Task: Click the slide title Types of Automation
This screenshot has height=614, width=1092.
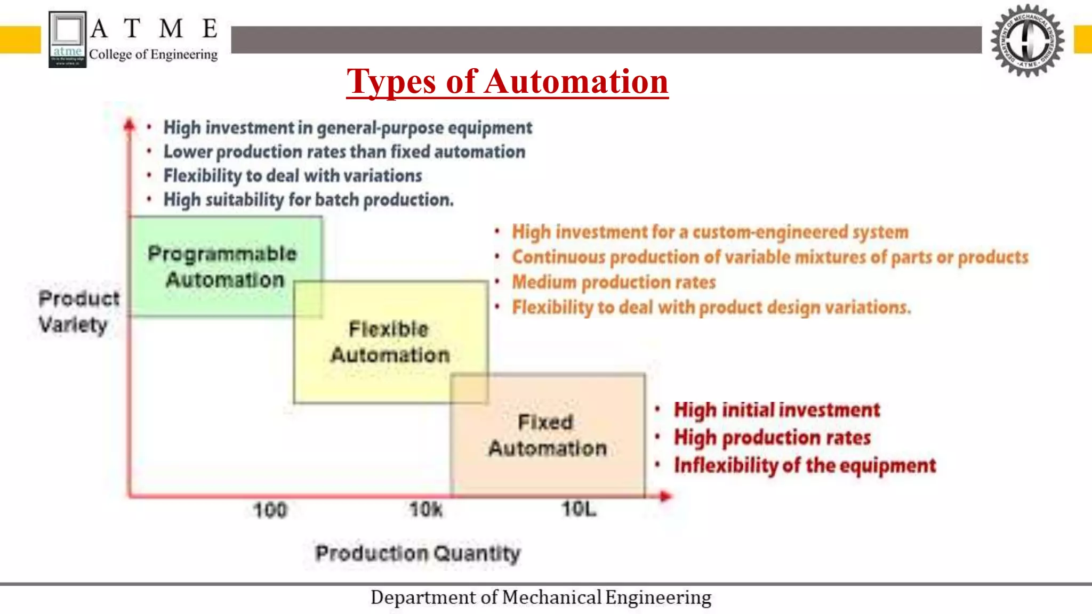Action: (507, 82)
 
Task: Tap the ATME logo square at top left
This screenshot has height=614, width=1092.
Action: (67, 39)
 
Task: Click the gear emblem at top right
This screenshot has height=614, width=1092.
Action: (1027, 41)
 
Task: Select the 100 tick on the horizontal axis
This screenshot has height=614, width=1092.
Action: (270, 510)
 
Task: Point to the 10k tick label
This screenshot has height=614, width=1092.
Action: (425, 510)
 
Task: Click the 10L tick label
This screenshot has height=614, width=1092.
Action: (579, 509)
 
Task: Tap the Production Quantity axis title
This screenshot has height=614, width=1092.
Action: (417, 553)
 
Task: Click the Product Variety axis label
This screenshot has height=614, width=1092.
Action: (78, 311)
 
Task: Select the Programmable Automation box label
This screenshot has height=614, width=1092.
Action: (223, 266)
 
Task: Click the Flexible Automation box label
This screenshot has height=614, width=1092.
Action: (390, 342)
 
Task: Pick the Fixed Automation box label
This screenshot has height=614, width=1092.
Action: (547, 435)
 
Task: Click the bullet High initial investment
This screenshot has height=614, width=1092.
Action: (776, 410)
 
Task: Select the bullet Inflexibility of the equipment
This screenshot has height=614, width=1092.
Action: (805, 465)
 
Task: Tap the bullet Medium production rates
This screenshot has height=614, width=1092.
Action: (614, 282)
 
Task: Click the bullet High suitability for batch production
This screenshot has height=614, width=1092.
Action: (308, 200)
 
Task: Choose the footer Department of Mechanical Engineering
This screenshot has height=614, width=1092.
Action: (541, 597)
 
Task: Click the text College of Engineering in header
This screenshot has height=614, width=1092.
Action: (154, 54)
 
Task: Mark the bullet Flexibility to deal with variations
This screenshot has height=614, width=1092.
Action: (292, 175)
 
